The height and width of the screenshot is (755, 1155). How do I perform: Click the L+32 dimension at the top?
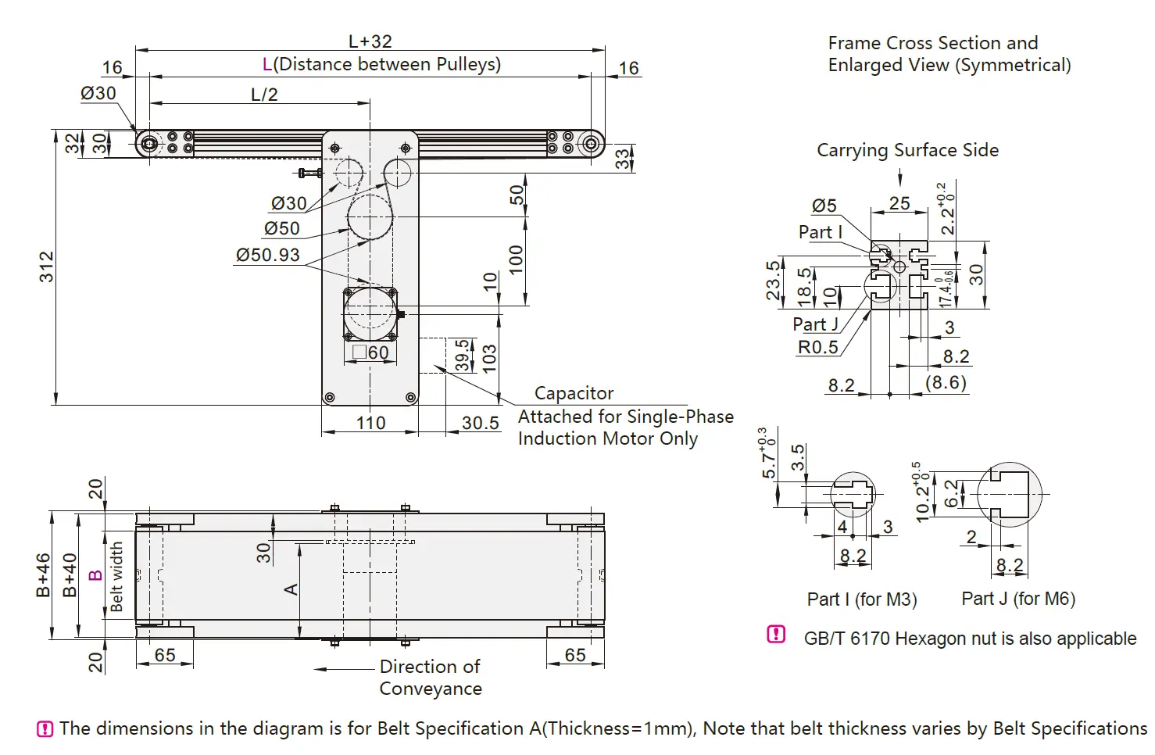pos(370,41)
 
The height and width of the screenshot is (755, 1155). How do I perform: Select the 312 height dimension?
pos(47,267)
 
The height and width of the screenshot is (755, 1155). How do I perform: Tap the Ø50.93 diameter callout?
pos(267,255)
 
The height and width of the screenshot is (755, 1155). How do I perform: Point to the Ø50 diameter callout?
pos(281,228)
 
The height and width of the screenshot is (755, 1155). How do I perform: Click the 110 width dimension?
pos(370,423)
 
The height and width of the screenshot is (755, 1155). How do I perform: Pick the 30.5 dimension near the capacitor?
pos(480,423)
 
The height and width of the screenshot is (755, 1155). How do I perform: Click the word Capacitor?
pos(574,393)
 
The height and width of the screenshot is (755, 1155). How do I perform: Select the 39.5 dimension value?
pos(463,355)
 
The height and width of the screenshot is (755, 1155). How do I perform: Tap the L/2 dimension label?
pos(264,95)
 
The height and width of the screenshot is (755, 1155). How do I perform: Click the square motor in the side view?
pos(370,313)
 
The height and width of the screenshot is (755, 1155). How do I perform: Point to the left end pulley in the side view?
pos(148,144)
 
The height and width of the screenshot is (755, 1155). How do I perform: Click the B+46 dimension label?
pos(44,575)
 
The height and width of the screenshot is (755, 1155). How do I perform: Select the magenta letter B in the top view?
pos(95,575)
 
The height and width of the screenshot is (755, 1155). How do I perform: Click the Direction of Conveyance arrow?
pos(344,669)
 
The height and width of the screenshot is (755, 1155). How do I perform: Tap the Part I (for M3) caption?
pos(861,599)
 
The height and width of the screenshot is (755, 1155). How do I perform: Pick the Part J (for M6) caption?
pos(1017,599)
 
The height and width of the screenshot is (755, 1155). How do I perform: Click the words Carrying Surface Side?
pos(907,150)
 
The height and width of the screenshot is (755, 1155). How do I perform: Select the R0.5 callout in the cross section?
pos(817,347)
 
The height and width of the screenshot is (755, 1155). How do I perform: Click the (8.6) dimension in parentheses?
pos(946,382)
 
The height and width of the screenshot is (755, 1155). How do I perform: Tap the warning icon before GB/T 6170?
pos(776,635)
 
